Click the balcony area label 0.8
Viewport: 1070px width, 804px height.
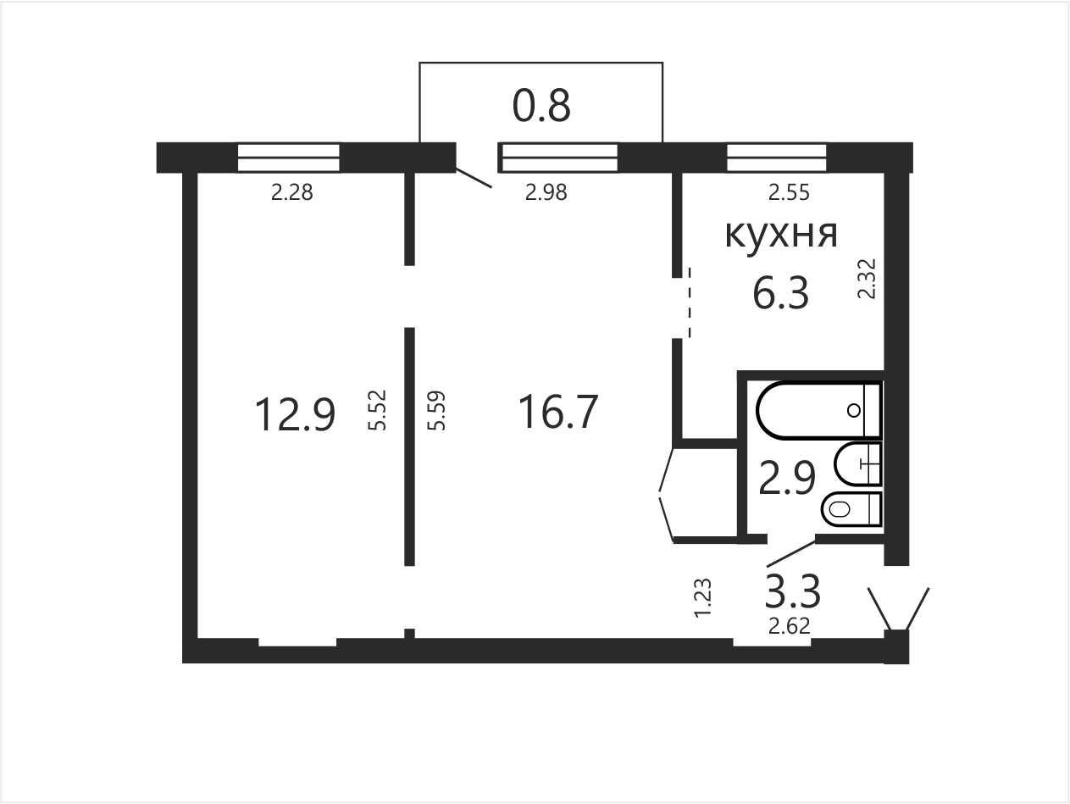[x=541, y=106]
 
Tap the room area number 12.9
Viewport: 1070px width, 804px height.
[x=295, y=414]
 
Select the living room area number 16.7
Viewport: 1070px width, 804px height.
[x=558, y=413]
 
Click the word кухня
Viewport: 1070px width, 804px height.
[x=781, y=235]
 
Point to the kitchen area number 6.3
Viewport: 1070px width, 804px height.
[x=781, y=293]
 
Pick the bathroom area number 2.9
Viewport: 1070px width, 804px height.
[x=787, y=478]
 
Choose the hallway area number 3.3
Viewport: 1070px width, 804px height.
[x=793, y=591]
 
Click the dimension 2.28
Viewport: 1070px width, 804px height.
[x=291, y=192]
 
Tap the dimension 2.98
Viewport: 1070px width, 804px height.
[x=546, y=192]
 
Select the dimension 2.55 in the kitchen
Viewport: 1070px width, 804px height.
[x=789, y=192]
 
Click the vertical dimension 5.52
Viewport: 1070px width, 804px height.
[x=377, y=410]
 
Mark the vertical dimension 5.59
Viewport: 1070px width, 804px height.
[x=436, y=410]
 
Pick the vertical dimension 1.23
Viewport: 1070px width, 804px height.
[x=702, y=598]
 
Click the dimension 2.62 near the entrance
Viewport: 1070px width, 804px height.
[x=790, y=626]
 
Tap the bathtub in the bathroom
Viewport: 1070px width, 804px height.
[x=818, y=410]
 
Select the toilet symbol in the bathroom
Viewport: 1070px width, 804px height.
[x=851, y=509]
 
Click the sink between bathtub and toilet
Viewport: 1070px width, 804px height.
[x=857, y=464]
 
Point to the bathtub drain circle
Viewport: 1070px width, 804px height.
[x=854, y=410]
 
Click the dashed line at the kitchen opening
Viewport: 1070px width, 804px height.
[x=690, y=302]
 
